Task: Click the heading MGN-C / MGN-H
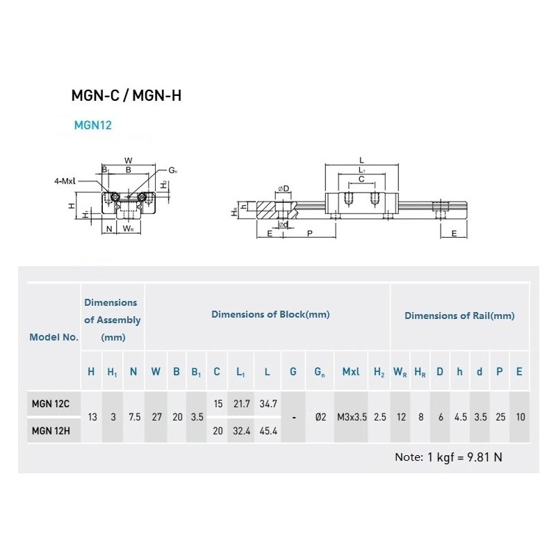126,96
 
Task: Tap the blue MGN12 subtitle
92,126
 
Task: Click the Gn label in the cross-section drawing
172,170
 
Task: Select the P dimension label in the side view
309,234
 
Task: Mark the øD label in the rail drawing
283,188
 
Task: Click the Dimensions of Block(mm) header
270,315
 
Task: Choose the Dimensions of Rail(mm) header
459,316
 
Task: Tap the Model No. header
54,337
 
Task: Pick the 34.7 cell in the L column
267,403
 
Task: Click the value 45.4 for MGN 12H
267,430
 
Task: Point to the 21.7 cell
240,403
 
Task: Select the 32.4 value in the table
240,430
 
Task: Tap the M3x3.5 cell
350,417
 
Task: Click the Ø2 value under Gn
320,417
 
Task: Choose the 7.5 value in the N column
134,417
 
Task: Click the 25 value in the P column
498,417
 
